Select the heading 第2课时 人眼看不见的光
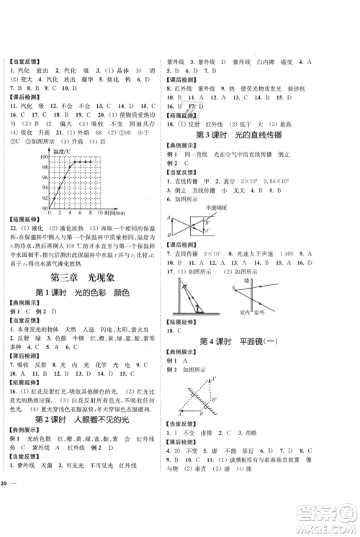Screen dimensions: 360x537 [89, 419]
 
